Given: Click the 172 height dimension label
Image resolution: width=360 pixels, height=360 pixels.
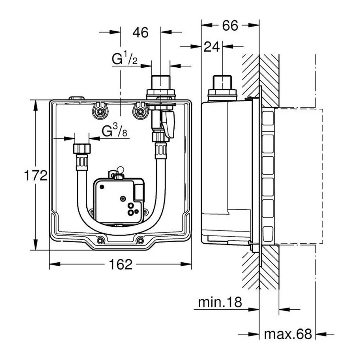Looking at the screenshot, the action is [36, 175].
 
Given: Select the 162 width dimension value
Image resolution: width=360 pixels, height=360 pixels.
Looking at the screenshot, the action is [121, 264].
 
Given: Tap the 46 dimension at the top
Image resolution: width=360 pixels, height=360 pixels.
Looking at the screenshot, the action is [140, 32].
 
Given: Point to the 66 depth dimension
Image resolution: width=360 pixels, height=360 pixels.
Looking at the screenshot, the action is [230, 26].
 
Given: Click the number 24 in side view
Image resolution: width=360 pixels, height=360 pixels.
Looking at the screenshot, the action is [212, 47].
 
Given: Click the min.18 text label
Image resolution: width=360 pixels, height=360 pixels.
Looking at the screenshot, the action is [220, 302].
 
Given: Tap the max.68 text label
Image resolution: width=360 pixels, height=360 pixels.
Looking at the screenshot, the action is [288, 334].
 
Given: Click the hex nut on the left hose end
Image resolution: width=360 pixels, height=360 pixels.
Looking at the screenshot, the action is [82, 149].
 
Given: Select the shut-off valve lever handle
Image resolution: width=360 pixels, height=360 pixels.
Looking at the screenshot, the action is [168, 124].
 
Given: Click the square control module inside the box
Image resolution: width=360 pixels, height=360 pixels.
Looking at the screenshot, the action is [119, 201].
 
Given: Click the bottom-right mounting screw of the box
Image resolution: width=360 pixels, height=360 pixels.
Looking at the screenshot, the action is [140, 240].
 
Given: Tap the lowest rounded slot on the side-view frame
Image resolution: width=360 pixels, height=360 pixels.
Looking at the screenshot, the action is [268, 234].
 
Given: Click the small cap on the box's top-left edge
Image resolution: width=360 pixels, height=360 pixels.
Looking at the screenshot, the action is [77, 98].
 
